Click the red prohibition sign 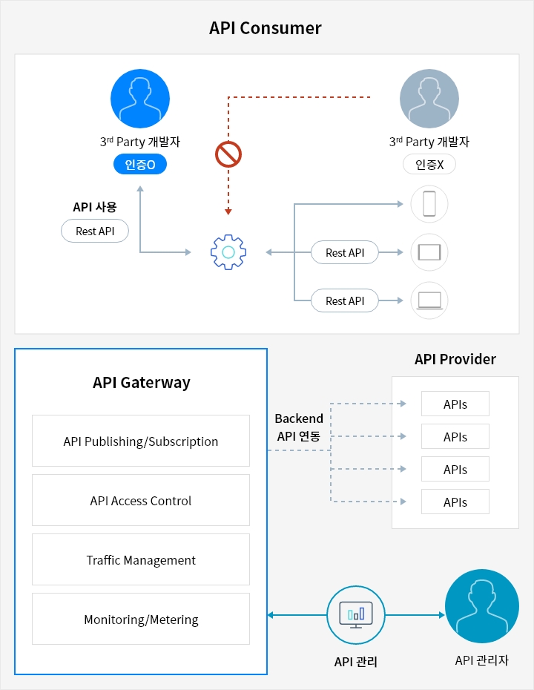pyautogui.click(x=228, y=154)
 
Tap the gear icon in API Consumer pyautogui.click(x=228, y=253)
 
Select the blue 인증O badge pyautogui.click(x=139, y=164)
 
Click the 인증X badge pyautogui.click(x=429, y=164)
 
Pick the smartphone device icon pyautogui.click(x=429, y=204)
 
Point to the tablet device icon pyautogui.click(x=429, y=252)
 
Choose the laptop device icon pyautogui.click(x=429, y=300)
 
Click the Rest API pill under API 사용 pyautogui.click(x=95, y=231)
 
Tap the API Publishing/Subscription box pyautogui.click(x=141, y=441)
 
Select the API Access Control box pyautogui.click(x=141, y=501)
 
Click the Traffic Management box pyautogui.click(x=141, y=560)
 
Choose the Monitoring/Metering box pyautogui.click(x=141, y=620)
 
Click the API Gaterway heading pyautogui.click(x=142, y=383)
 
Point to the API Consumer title pyautogui.click(x=266, y=28)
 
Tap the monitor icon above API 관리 pyautogui.click(x=355, y=614)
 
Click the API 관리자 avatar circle pyautogui.click(x=481, y=606)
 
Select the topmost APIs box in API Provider pyautogui.click(x=455, y=404)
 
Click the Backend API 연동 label pyautogui.click(x=299, y=427)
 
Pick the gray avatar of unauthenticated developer pyautogui.click(x=429, y=99)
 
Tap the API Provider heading pyautogui.click(x=455, y=360)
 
